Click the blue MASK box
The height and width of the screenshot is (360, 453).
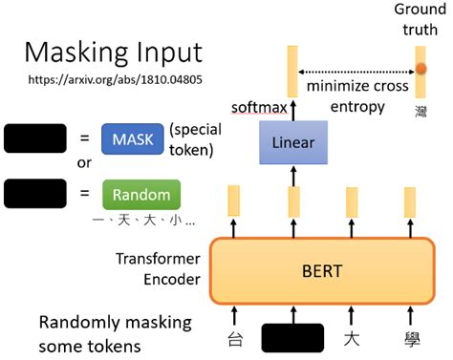coord(132,138)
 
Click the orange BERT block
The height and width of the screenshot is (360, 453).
coord(321,270)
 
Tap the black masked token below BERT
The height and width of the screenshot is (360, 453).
coord(292,339)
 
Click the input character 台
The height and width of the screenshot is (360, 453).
coord(235,339)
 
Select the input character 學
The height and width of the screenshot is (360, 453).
coord(410,339)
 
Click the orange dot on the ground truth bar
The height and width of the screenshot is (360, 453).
coord(421,69)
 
